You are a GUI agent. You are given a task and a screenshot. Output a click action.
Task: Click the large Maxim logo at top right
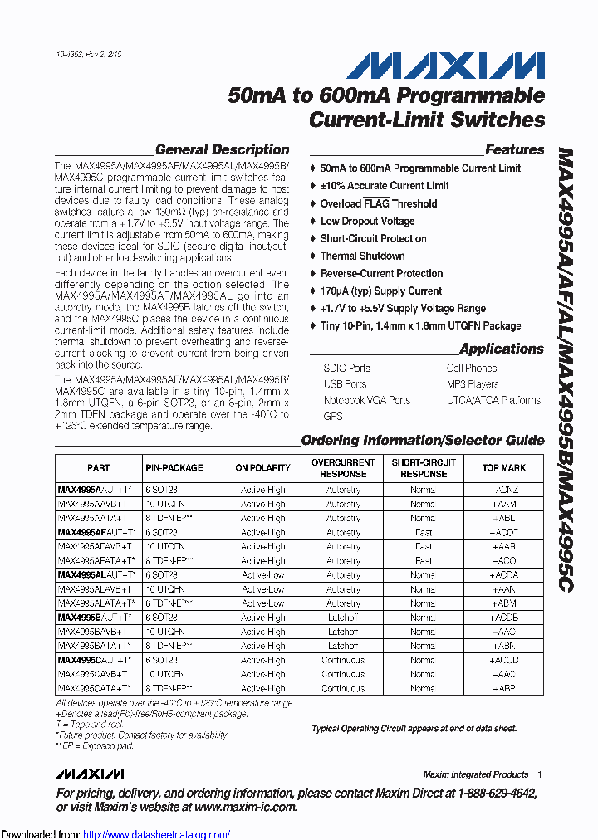coord(445,66)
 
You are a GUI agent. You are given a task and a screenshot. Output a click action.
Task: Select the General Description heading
coord(222,150)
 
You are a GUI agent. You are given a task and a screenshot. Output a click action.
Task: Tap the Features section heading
coord(514,150)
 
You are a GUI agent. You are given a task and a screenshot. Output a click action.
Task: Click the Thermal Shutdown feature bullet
coord(362,256)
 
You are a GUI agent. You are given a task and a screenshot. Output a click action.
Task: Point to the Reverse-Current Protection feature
coord(381,273)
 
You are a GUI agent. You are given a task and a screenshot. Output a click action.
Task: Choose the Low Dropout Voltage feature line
coord(367,221)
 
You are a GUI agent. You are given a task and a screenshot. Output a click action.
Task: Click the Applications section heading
coord(501,349)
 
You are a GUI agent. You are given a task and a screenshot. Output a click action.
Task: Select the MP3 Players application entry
coord(473,384)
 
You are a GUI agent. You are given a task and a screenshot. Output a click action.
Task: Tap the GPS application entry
coord(333,416)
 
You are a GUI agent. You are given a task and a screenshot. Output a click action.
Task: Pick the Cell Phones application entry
coord(472,369)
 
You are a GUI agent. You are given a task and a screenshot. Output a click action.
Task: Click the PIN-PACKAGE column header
coord(174,468)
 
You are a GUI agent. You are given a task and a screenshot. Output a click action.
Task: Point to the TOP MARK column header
coord(503,468)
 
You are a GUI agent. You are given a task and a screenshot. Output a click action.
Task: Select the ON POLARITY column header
coord(262,468)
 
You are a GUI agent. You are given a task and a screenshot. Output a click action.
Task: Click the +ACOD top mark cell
coord(504,661)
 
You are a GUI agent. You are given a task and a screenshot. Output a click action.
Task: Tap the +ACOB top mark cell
coord(504,618)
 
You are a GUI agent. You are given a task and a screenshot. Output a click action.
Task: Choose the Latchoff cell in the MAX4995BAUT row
coord(343,618)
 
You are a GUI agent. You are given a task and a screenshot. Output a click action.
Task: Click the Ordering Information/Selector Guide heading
coord(422,441)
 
